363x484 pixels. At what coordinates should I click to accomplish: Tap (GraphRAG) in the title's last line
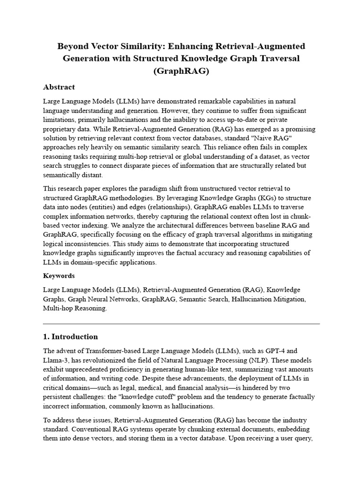[181, 71]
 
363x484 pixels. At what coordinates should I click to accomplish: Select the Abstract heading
[59, 87]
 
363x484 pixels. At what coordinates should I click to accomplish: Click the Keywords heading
[59, 276]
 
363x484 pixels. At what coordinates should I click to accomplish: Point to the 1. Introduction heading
[70, 337]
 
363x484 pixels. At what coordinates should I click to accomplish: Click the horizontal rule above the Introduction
[181, 324]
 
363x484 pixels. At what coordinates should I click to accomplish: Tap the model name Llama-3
[56, 360]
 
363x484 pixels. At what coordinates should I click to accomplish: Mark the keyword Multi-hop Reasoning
[75, 308]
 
